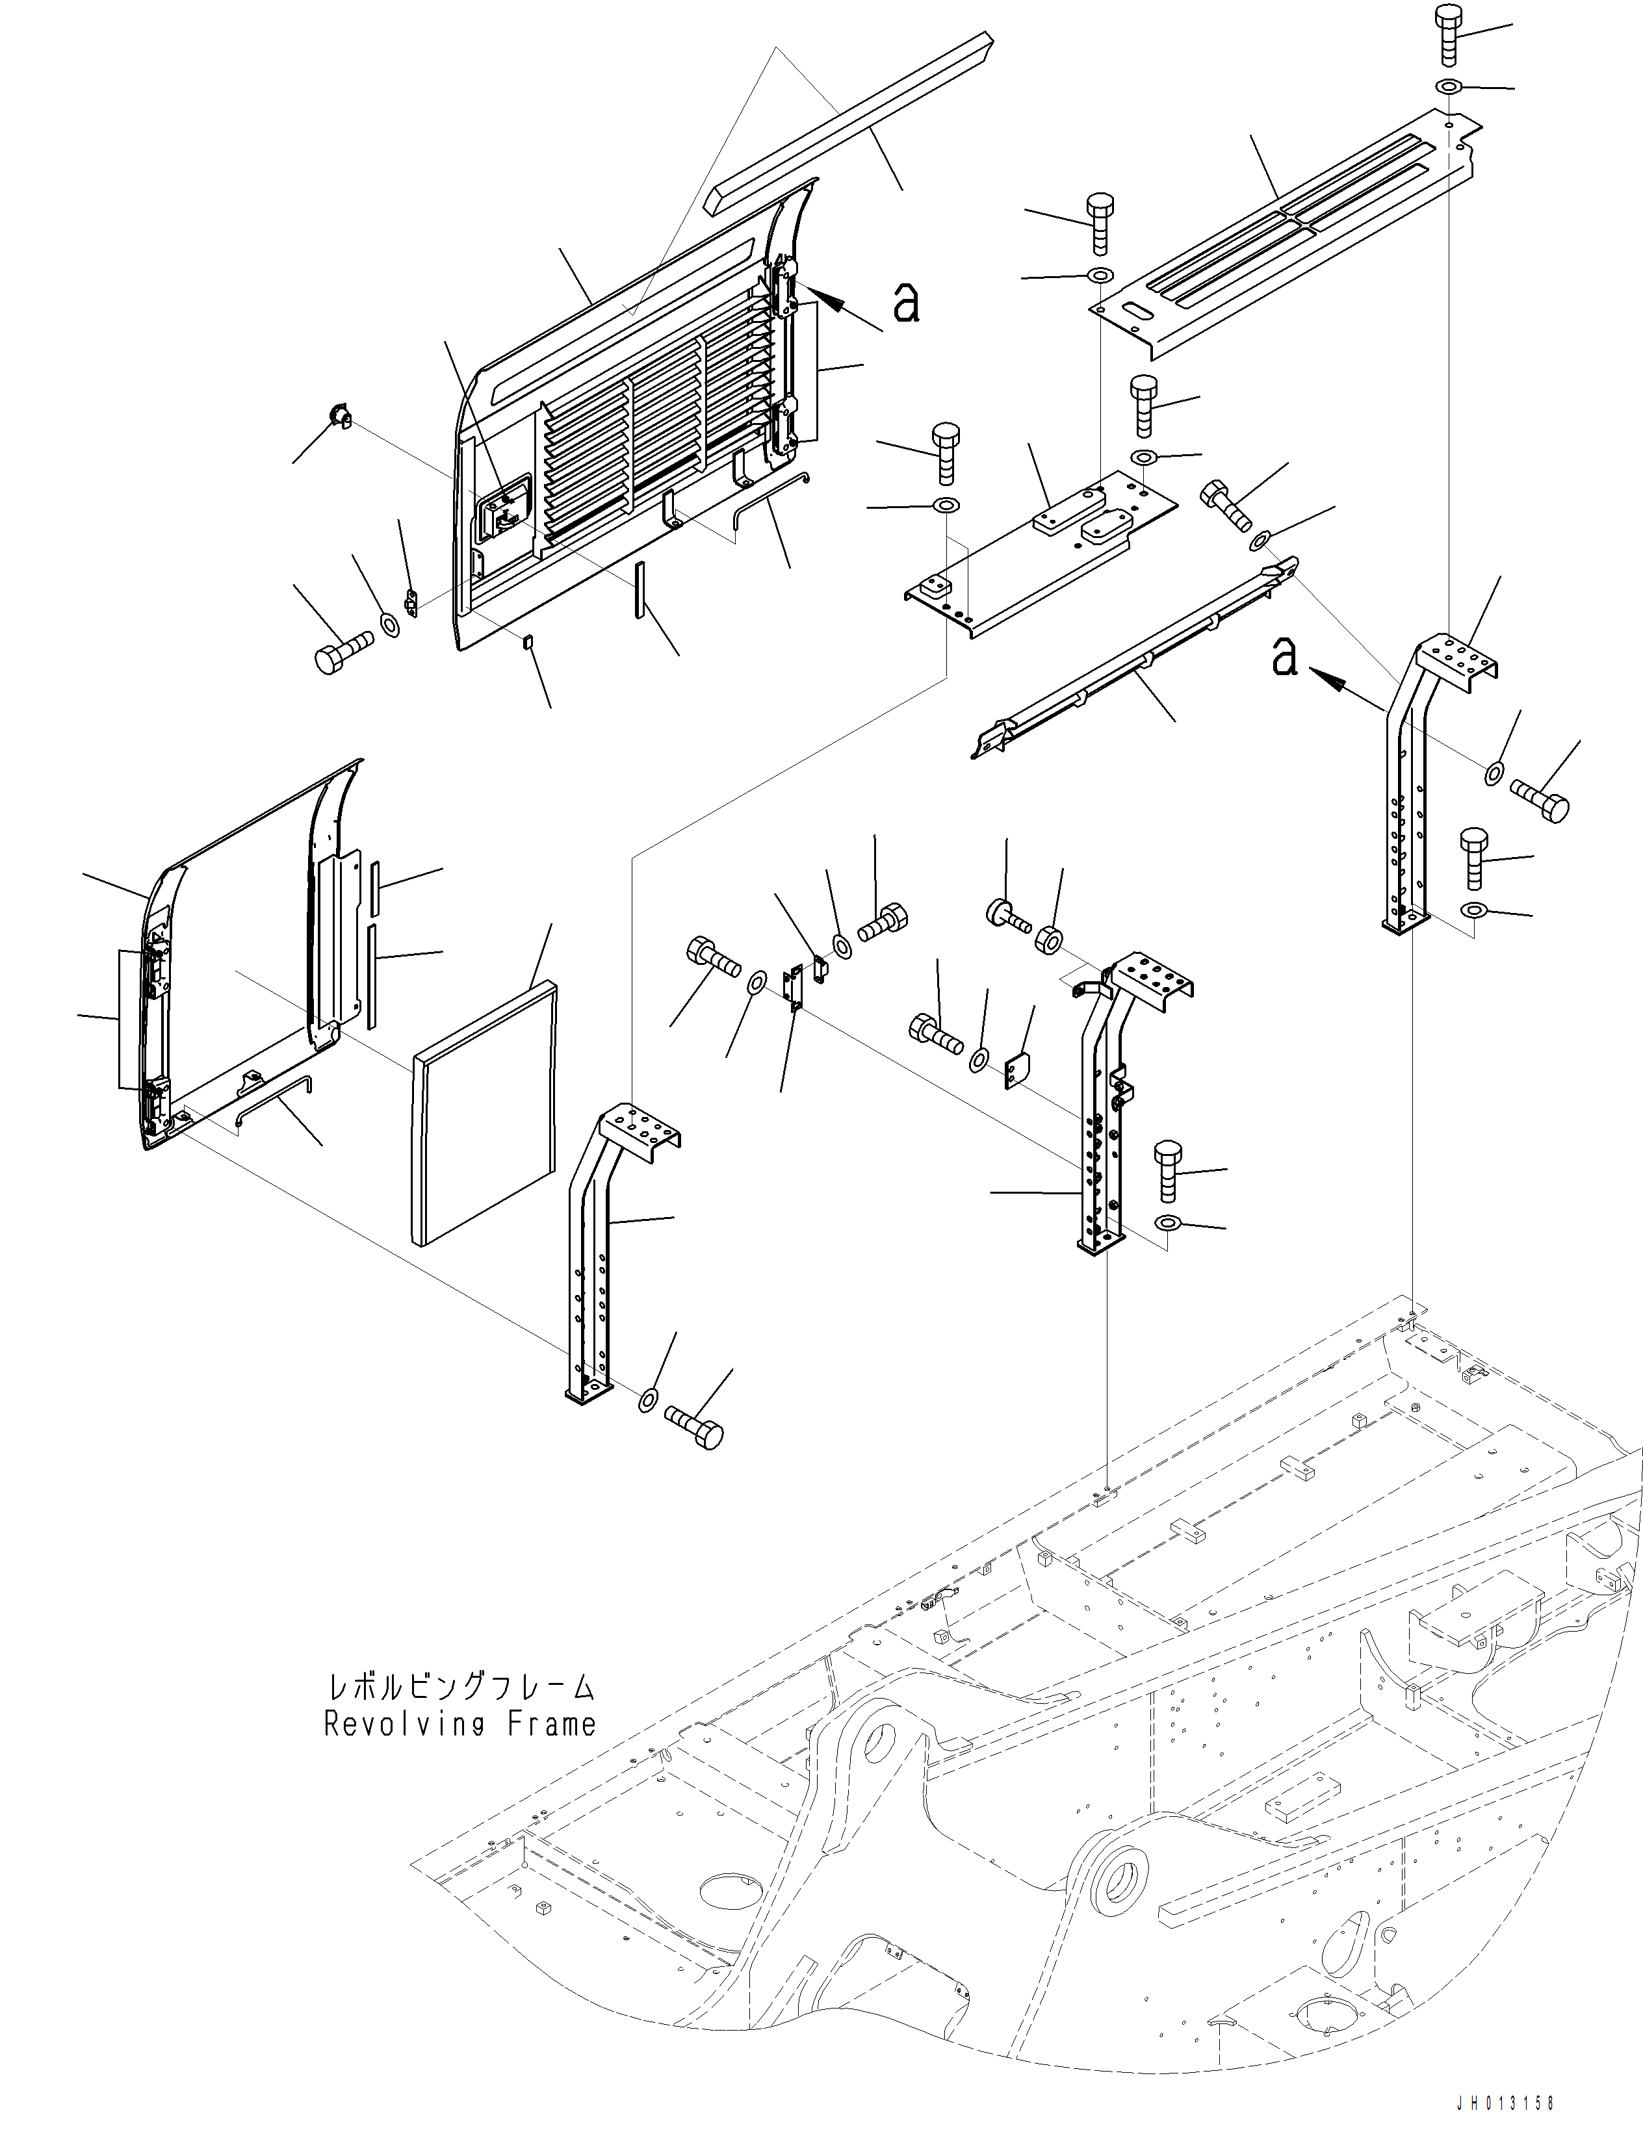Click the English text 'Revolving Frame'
click(459, 1724)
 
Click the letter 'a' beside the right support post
click(1284, 656)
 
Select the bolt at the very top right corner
click(1449, 29)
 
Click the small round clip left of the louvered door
click(339, 418)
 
